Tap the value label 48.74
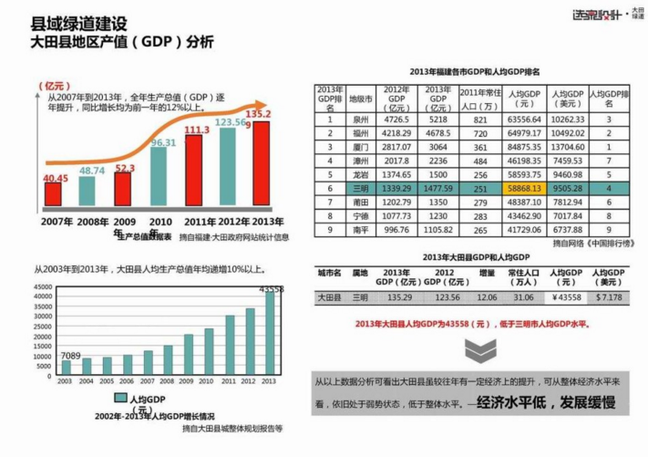tap(92, 171)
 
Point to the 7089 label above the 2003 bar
tap(70, 355)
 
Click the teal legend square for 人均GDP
tap(119, 399)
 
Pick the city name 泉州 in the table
tap(361, 119)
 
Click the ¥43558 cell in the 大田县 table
tap(567, 297)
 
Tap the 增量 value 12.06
tap(488, 297)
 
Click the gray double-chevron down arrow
tap(474, 349)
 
